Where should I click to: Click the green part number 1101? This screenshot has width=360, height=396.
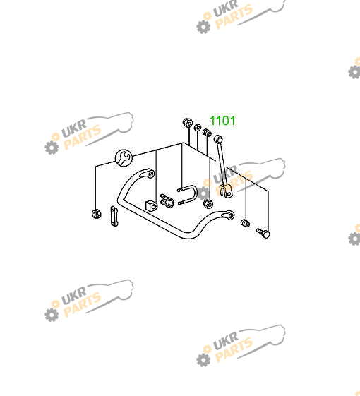click(223, 121)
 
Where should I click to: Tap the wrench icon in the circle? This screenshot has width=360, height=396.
click(124, 157)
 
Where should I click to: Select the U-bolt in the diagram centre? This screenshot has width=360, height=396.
click(188, 196)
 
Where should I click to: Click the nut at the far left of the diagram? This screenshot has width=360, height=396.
click(97, 214)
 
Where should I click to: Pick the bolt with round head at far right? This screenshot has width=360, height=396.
click(263, 233)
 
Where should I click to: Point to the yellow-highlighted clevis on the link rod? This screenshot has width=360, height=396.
click(226, 191)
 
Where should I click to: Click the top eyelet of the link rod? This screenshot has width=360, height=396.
click(218, 139)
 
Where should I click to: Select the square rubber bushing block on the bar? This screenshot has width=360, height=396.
click(151, 205)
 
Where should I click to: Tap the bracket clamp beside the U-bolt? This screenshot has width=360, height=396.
click(167, 200)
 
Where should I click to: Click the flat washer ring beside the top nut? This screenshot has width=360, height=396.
click(198, 127)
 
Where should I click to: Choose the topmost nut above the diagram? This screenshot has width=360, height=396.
click(187, 123)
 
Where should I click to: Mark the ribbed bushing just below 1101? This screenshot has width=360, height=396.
click(207, 132)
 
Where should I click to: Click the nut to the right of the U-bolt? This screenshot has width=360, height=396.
click(208, 203)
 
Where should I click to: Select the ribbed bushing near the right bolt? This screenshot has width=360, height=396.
click(245, 223)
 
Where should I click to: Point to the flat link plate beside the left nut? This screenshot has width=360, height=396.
click(114, 216)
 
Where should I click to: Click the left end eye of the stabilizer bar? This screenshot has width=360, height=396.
click(150, 174)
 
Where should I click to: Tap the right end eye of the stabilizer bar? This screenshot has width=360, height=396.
click(230, 215)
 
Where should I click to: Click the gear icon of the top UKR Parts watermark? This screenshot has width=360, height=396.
click(203, 26)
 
